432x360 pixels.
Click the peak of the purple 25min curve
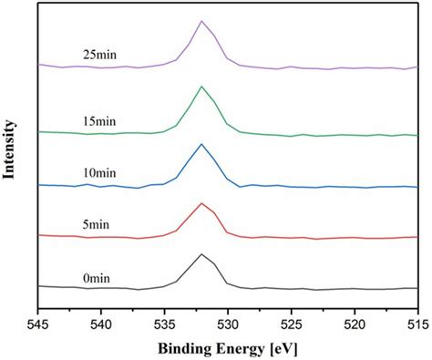click(x=201, y=21)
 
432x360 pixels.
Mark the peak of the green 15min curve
click(x=201, y=87)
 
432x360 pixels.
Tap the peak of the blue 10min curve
click(x=201, y=144)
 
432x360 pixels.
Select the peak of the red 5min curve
click(x=201, y=203)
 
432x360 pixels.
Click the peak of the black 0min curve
click(x=201, y=254)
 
